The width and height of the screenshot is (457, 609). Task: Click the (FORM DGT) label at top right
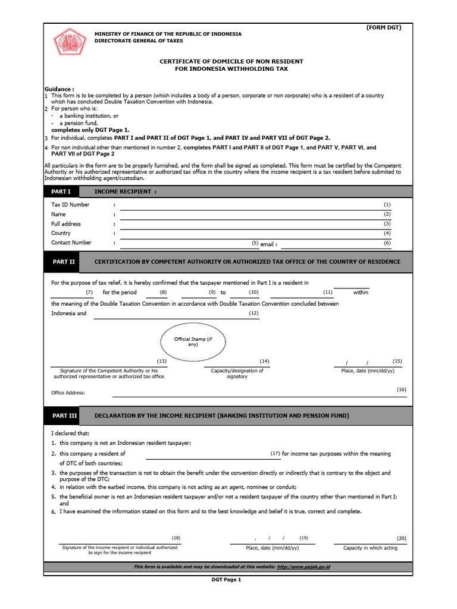click(x=384, y=28)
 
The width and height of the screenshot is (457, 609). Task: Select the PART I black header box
click(x=61, y=192)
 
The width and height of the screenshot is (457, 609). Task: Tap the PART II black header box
click(x=64, y=262)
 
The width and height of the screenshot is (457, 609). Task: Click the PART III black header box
click(x=64, y=415)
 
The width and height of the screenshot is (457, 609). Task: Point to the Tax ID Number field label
click(x=70, y=205)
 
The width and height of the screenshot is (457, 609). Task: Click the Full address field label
click(x=66, y=224)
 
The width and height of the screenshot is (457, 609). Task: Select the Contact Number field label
click(x=71, y=243)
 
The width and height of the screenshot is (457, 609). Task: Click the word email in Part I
click(x=268, y=244)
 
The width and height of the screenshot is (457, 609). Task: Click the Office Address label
click(x=68, y=393)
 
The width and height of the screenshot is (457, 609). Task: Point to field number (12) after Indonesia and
click(x=253, y=313)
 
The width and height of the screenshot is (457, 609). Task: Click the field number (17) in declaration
click(x=275, y=454)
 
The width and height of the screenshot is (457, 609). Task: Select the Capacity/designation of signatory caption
click(x=237, y=373)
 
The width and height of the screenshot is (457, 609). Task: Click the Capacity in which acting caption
click(x=370, y=548)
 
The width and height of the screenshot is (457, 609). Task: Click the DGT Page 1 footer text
click(x=227, y=580)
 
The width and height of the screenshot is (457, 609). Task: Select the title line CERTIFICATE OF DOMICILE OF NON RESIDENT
click(x=231, y=61)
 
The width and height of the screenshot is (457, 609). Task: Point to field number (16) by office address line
click(x=402, y=389)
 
